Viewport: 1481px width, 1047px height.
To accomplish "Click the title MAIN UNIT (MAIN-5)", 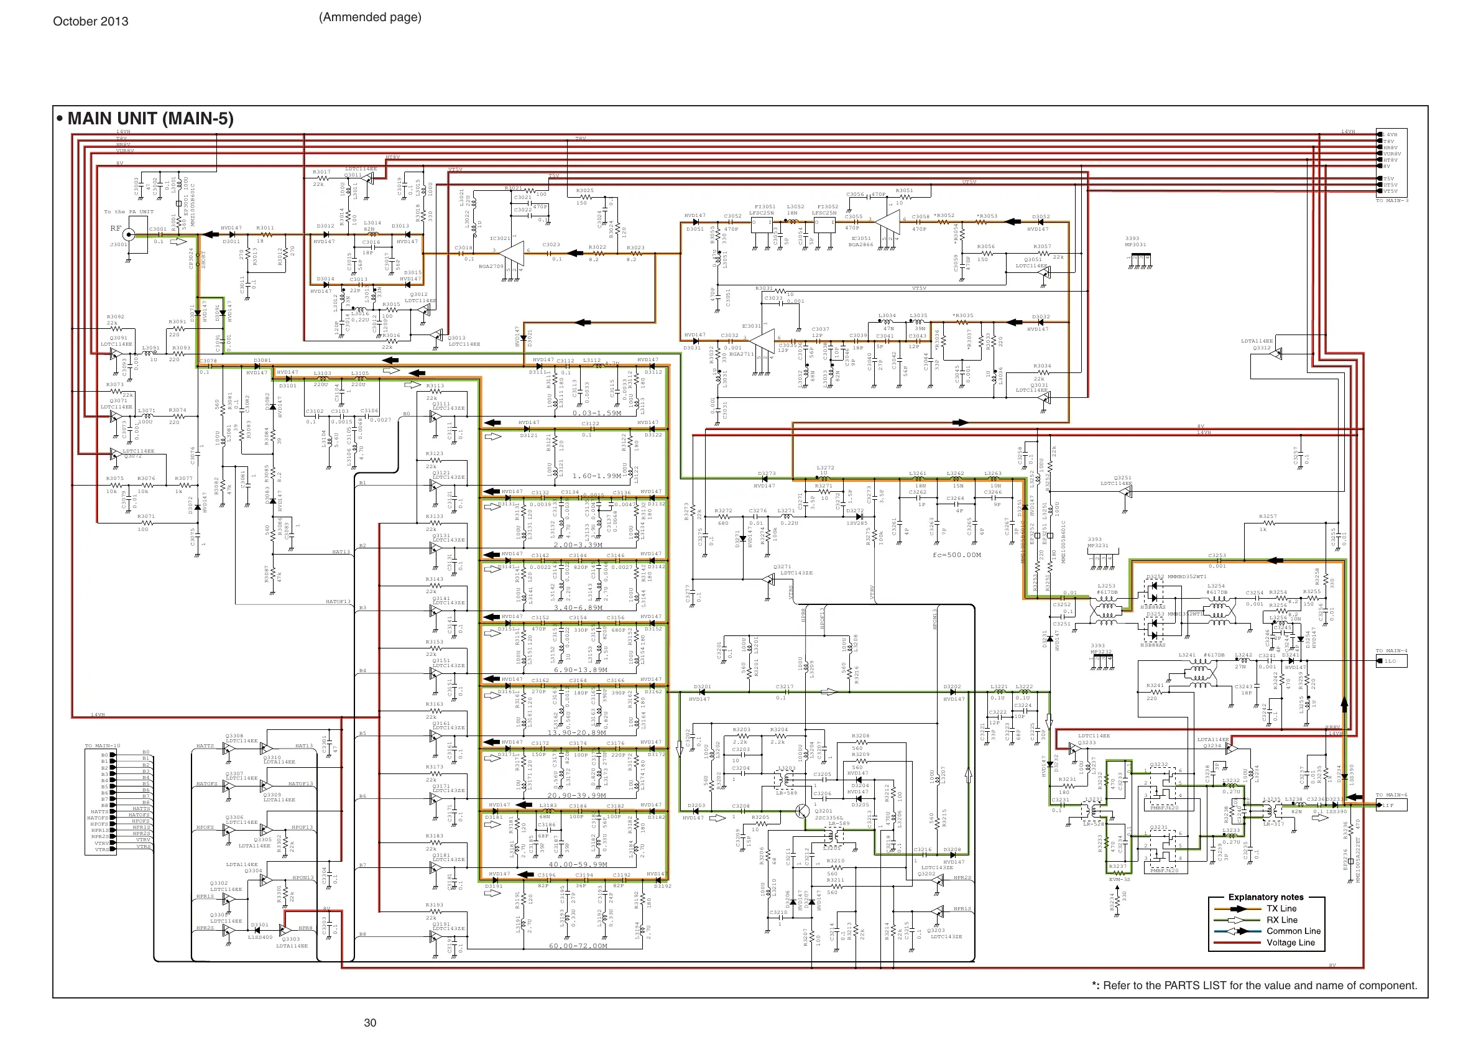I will [150, 119].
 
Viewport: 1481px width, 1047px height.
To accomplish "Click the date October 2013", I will [90, 21].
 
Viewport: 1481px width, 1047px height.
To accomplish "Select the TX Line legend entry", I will [1281, 908].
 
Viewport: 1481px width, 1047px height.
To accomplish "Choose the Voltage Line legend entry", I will [1290, 943].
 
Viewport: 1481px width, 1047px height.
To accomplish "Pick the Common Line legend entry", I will [1293, 931].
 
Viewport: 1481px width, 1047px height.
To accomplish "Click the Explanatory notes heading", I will [1265, 897].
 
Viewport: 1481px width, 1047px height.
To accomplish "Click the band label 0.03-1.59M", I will [597, 413].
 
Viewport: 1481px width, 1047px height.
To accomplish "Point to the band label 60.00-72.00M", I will [578, 946].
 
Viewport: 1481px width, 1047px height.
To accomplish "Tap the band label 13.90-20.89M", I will [576, 733].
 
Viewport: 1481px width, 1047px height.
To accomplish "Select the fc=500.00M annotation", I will [957, 555].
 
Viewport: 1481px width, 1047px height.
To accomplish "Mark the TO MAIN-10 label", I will [103, 745].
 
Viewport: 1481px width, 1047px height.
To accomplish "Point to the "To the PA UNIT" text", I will [129, 211].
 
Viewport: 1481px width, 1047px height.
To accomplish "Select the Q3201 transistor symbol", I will [802, 811].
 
